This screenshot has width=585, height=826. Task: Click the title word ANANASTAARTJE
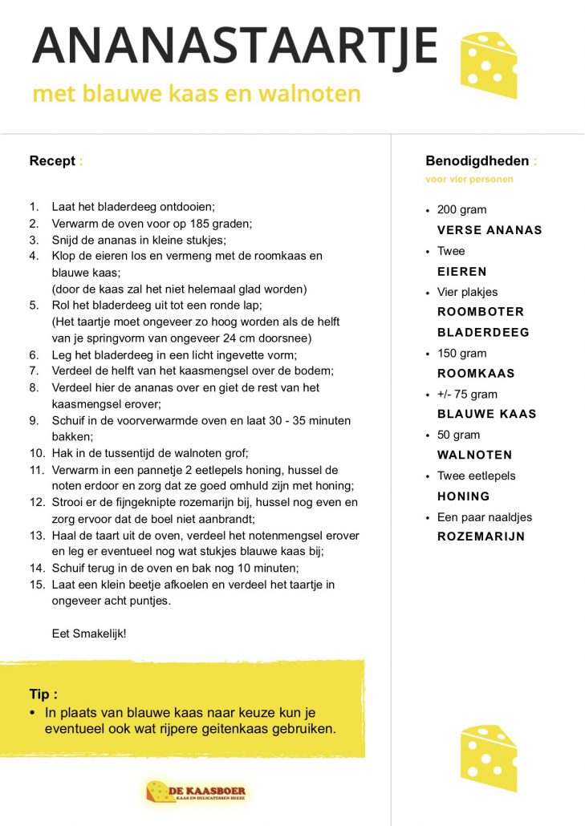point(234,47)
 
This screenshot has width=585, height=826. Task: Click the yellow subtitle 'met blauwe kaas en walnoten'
point(197,94)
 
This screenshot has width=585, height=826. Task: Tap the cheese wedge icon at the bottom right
point(488,755)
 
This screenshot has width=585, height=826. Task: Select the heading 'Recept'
point(52,161)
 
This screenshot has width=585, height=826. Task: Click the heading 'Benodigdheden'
point(477,161)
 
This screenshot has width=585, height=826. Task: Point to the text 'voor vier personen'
point(469,180)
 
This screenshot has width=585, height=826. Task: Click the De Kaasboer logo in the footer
point(197,792)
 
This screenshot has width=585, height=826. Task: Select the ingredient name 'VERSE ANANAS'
point(490,230)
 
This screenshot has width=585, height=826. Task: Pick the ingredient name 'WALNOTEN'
point(474,456)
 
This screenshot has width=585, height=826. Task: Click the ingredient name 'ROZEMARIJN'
point(481,536)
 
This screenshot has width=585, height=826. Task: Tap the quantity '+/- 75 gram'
point(467,394)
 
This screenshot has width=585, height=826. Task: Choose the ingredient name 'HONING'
point(463,496)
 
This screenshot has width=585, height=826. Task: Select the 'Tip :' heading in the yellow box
point(43,694)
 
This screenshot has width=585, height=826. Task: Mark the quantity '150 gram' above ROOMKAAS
point(461,353)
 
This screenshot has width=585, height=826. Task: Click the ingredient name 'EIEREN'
point(461,271)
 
